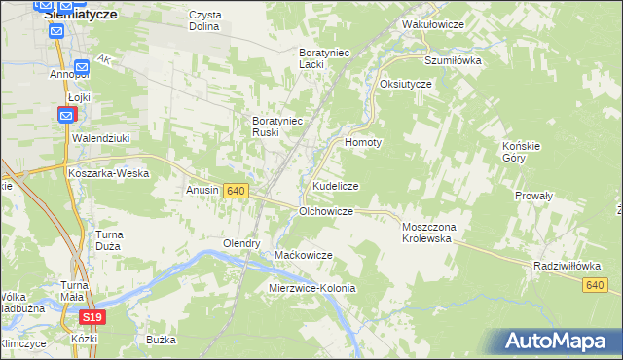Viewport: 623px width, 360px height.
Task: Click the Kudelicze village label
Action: (336, 186)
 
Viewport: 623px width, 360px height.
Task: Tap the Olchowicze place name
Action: (325, 210)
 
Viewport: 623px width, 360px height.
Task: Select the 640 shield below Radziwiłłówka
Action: (597, 284)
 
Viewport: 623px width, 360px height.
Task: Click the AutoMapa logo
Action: (562, 340)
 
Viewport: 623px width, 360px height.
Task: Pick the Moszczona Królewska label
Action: (436, 233)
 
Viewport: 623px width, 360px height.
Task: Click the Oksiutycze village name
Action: (406, 84)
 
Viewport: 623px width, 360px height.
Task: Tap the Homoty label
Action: (363, 141)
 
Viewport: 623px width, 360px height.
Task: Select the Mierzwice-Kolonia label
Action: (311, 289)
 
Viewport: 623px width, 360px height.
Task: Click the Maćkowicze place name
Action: (304, 255)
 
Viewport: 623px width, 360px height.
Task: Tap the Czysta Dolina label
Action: (205, 20)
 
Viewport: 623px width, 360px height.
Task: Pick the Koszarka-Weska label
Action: (108, 172)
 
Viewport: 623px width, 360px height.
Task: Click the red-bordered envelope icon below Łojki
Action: (65, 116)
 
